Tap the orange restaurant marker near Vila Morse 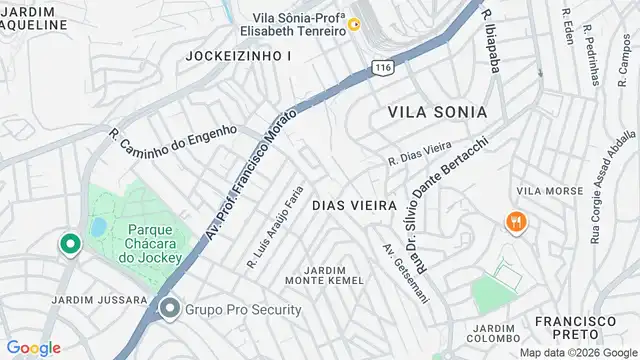pos(517,222)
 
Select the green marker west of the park pos(69,244)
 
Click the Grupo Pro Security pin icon pos(169,309)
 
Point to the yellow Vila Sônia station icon pos(354,24)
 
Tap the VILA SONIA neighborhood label pos(437,111)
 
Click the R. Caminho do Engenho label pos(172,144)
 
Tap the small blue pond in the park pos(98,228)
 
